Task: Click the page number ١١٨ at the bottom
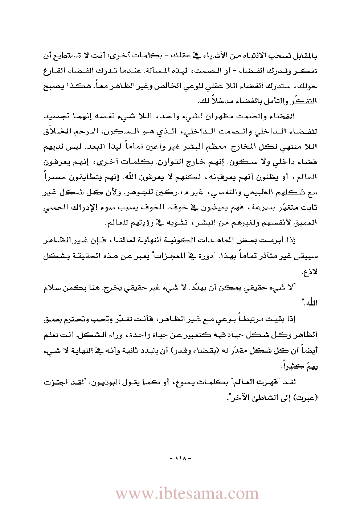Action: point(180,459)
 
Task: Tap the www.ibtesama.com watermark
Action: point(187,494)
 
